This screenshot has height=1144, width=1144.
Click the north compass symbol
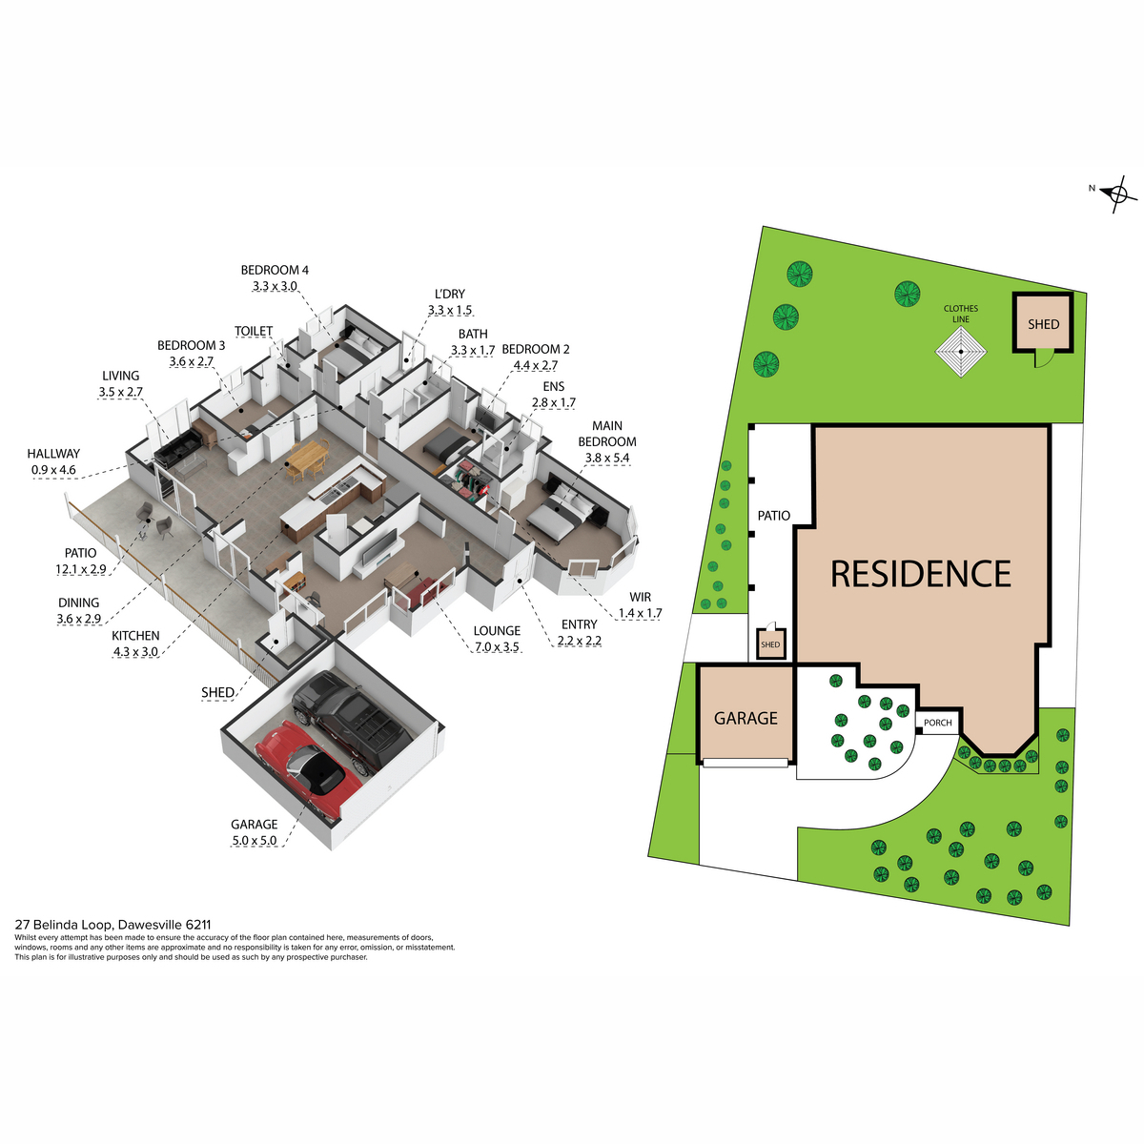1116,194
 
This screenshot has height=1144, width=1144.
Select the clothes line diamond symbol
961,352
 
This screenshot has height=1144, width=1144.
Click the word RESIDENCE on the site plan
920,574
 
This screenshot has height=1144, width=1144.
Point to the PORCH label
938,723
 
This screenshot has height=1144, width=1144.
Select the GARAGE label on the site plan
746,719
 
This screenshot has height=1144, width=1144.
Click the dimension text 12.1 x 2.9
81,569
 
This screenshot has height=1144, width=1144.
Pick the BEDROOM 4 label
275,270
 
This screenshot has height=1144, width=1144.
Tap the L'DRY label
450,294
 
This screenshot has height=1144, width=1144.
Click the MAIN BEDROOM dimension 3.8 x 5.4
606,458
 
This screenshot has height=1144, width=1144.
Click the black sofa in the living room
178,446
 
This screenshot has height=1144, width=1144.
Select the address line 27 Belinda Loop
112,925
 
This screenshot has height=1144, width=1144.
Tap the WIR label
640,597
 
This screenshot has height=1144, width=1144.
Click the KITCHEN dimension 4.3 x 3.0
135,651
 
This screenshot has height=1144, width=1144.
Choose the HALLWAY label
53,454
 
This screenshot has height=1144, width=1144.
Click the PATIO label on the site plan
773,516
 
